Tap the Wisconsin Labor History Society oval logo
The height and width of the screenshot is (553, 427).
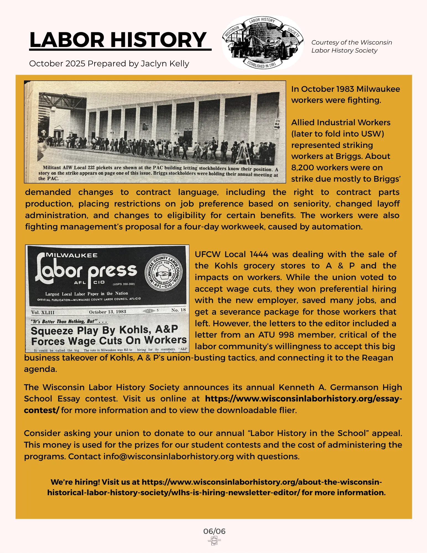[263, 43]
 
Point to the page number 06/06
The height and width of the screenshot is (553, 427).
[214, 531]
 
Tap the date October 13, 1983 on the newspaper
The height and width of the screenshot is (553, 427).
[108, 312]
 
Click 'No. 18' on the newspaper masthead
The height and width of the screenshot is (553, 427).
[178, 310]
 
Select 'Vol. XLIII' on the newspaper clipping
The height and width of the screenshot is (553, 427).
[43, 312]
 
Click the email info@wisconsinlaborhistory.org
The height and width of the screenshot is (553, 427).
[169, 456]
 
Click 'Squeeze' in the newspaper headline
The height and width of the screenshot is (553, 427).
[52, 331]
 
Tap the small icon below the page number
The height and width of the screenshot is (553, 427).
[214, 541]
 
